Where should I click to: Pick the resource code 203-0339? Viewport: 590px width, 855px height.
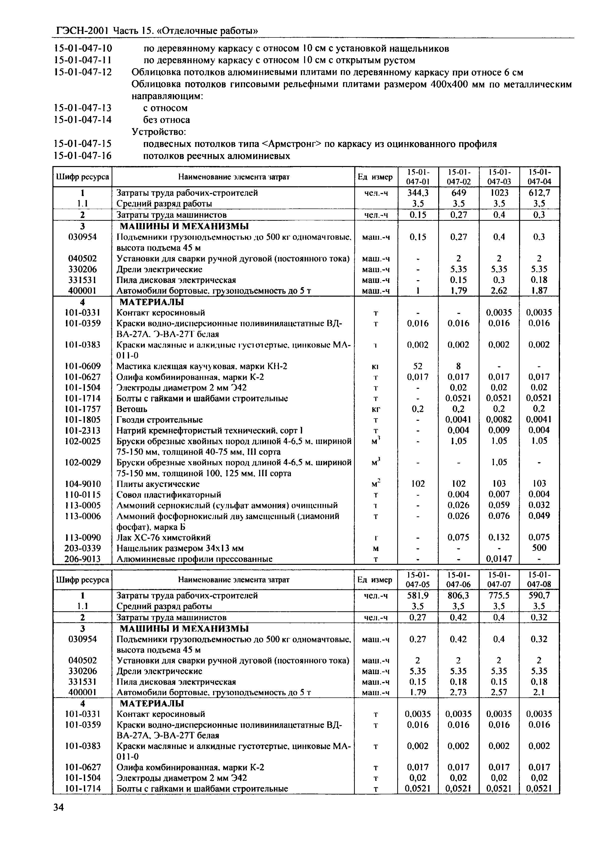click(82, 548)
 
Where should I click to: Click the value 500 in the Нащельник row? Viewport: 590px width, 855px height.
click(539, 548)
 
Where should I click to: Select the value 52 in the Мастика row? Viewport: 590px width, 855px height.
click(418, 366)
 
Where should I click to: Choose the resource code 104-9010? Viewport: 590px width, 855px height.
click(82, 484)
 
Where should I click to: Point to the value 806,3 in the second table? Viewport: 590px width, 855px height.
click(458, 596)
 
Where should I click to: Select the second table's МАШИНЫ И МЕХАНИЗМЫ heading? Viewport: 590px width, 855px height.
click(184, 629)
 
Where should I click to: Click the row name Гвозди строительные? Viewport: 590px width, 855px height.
click(160, 420)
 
